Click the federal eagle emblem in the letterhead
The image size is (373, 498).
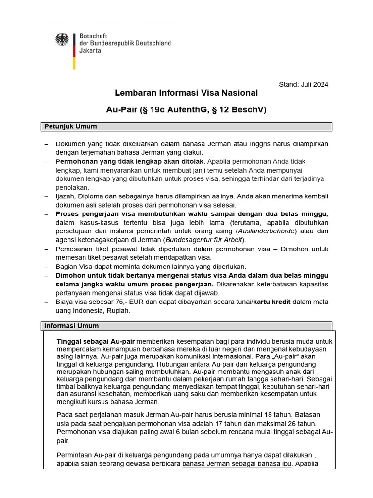click(62, 39)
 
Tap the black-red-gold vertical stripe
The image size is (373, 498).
click(74, 51)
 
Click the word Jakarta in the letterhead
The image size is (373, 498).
click(90, 51)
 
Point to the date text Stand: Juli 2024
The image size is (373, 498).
click(303, 84)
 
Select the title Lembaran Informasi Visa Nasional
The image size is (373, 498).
click(186, 93)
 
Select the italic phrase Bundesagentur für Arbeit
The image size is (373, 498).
click(204, 240)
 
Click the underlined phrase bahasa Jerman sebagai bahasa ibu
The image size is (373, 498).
click(237, 464)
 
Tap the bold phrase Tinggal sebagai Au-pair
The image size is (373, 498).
click(96, 340)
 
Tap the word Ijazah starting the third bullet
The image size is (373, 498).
click(66, 196)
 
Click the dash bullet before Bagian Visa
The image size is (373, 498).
click(46, 267)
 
